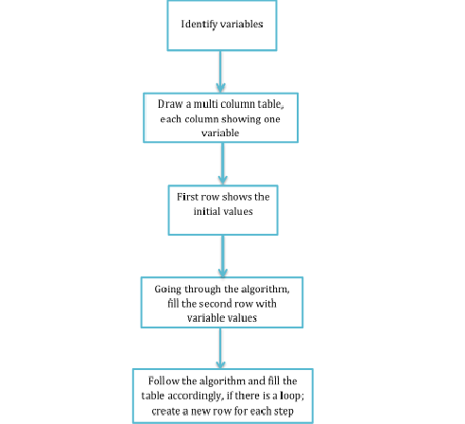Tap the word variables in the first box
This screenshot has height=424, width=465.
pyautogui.click(x=242, y=24)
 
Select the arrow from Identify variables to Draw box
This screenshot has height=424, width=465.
pyautogui.click(x=220, y=71)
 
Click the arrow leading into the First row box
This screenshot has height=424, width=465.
pyautogui.click(x=223, y=164)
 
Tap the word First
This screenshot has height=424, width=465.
pyautogui.click(x=187, y=197)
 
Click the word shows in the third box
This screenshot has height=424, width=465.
pyautogui.click(x=236, y=197)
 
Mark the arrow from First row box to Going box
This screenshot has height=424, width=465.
pyautogui.click(x=223, y=256)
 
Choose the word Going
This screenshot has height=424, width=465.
pyautogui.click(x=168, y=290)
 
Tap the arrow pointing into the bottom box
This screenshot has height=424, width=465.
pyautogui.click(x=220, y=348)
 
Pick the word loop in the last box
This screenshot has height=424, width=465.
pyautogui.click(x=291, y=397)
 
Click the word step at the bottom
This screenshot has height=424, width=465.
pyautogui.click(x=284, y=412)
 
